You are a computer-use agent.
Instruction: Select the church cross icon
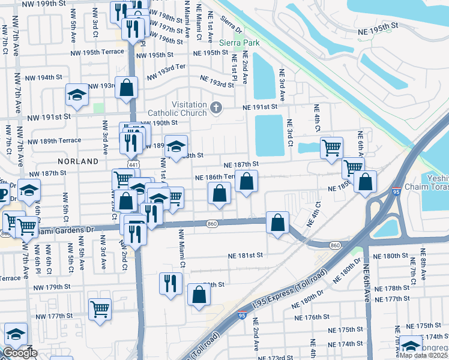pos(216,109)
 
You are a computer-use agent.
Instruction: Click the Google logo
pos(20,353)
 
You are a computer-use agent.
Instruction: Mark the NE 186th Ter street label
pos(215,178)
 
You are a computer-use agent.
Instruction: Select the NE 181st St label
pos(246,256)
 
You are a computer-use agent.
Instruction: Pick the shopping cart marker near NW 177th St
pos(100,309)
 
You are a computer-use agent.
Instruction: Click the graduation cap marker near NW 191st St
pos(77,95)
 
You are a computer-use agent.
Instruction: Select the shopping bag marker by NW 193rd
pos(127,88)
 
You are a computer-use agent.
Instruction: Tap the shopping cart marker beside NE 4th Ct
pos(331,147)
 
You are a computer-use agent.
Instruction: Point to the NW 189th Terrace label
pos(53,140)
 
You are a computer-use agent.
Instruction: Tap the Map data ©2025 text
pos(424,355)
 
